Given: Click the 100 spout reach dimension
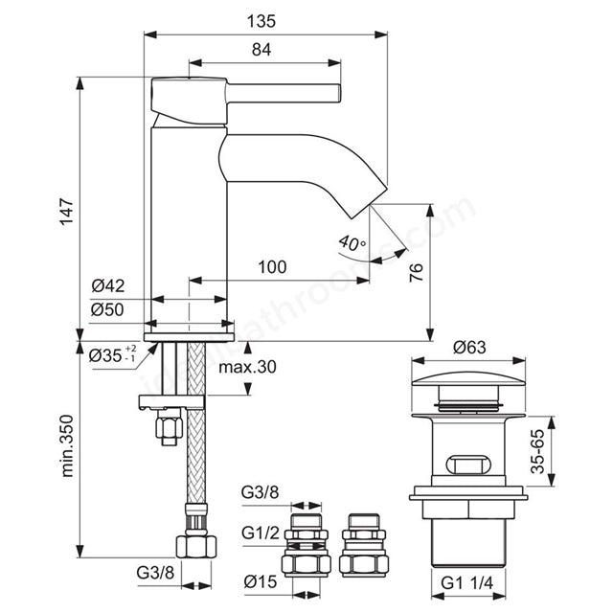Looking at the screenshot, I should click(273, 267).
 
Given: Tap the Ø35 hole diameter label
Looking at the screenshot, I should click(111, 355).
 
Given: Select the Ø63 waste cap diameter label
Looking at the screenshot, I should click(470, 347).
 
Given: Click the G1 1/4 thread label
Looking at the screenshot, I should click(468, 582).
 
